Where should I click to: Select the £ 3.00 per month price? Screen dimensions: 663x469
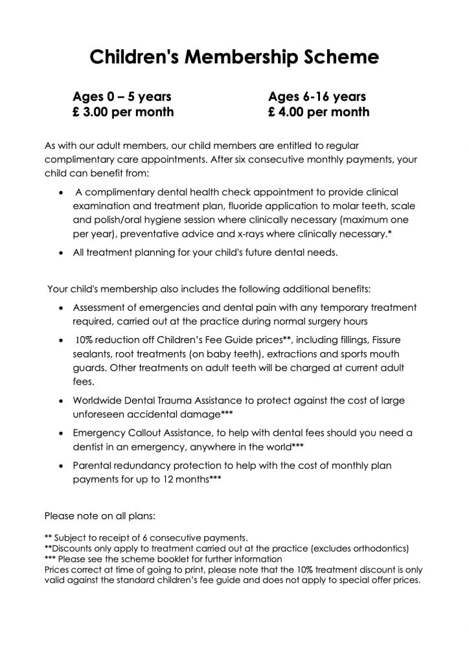coord(123,112)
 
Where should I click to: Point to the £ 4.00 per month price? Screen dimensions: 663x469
coord(319,112)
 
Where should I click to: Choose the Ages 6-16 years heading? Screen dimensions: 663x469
coord(317,96)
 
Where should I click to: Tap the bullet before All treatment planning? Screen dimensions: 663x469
coord(61,253)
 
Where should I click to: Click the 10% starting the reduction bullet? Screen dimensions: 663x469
coord(86,341)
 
